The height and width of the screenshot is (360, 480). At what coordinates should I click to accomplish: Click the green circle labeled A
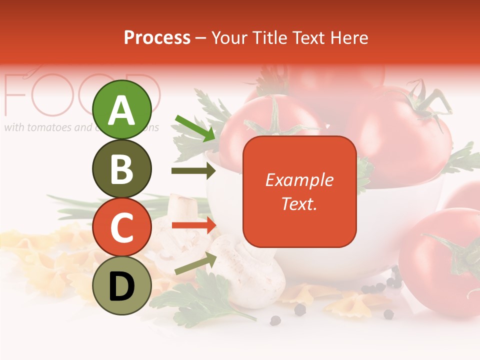[122, 110]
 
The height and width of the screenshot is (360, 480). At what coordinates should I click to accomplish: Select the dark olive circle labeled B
[122, 168]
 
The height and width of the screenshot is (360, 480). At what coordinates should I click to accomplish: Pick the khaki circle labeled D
[122, 285]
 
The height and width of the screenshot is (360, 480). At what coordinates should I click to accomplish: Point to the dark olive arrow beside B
[193, 171]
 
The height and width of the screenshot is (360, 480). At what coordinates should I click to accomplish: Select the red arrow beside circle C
[193, 225]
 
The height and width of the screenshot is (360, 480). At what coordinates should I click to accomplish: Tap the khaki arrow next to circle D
[195, 264]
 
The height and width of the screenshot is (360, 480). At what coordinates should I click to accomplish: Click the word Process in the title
[157, 37]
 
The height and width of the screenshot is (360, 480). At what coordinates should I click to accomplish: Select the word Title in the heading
[269, 37]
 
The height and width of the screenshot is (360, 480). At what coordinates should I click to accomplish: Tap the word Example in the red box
[299, 180]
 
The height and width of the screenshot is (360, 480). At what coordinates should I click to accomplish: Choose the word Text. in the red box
[299, 203]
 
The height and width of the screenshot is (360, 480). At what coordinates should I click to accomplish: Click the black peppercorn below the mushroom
[300, 310]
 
